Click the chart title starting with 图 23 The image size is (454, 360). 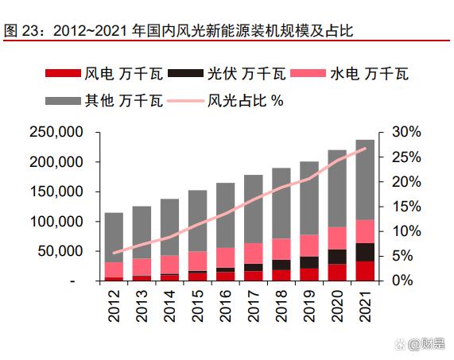pos(179,32)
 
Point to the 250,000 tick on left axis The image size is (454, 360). pos(56,132)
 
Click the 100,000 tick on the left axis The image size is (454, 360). pos(56,222)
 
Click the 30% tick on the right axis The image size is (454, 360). pos(402,132)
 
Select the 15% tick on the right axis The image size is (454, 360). pos(402,207)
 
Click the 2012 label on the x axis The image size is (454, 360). pos(114,305)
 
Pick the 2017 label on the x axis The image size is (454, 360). pos(254,305)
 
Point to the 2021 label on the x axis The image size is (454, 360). pos(366,305)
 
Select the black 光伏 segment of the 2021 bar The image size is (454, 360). pos(366,252)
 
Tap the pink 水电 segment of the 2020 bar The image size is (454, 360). pos(337,238)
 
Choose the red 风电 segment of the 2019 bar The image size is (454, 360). pos(309,274)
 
